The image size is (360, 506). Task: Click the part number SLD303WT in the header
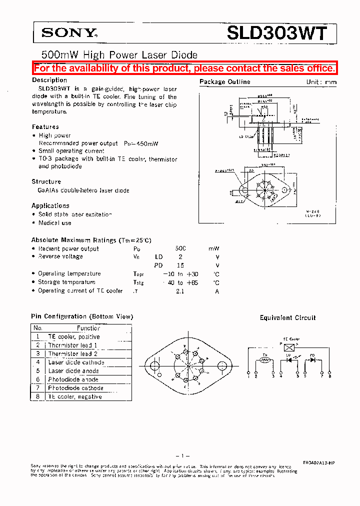(x=277, y=33)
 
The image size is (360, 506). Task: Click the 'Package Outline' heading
(x=224, y=82)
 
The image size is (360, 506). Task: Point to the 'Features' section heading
(x=45, y=127)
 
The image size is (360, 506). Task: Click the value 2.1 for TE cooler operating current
(x=179, y=291)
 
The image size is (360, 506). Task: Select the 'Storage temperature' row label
(x=66, y=282)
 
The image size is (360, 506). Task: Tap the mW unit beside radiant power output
(x=214, y=248)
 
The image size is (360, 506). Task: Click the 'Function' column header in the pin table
(x=88, y=328)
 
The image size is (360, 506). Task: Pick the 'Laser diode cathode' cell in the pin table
(x=76, y=362)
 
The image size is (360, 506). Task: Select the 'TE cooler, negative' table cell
(x=74, y=396)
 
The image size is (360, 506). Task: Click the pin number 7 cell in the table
(x=37, y=388)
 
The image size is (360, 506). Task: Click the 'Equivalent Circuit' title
(x=287, y=318)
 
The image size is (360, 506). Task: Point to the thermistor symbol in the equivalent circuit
(x=265, y=359)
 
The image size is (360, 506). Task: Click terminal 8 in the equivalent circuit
(x=329, y=372)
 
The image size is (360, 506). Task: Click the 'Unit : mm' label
(x=321, y=82)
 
